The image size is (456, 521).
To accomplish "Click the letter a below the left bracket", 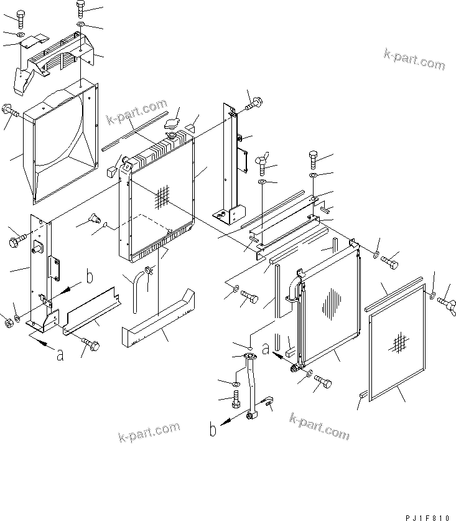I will [60, 355].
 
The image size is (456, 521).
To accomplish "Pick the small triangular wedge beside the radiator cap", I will [192, 129].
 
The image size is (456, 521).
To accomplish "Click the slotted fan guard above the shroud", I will [59, 60].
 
